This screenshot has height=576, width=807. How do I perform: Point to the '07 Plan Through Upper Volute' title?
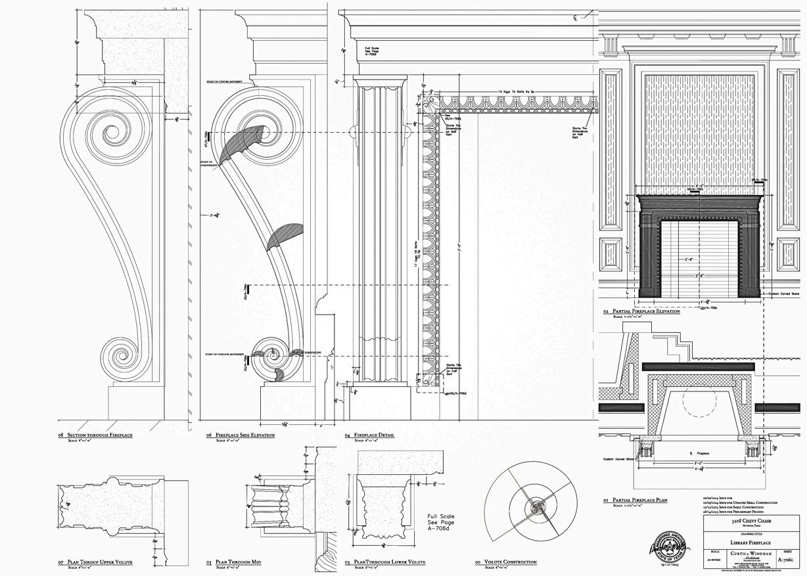coord(99,562)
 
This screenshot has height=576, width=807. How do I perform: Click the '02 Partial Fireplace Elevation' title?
coord(641,311)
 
